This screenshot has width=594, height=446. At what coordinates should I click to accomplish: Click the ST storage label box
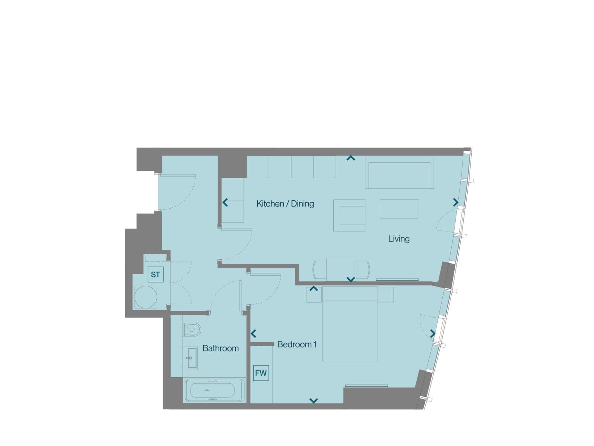(155, 275)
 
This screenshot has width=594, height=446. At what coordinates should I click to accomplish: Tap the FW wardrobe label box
(261, 373)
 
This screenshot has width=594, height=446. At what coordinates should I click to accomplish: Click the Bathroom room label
(220, 348)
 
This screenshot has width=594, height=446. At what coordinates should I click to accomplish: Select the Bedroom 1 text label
(297, 344)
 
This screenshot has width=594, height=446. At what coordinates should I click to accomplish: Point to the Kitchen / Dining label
(285, 204)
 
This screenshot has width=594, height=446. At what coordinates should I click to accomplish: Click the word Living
(399, 239)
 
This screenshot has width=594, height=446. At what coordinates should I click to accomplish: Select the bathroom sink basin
(191, 358)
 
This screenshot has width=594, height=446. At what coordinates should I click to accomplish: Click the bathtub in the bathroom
(214, 390)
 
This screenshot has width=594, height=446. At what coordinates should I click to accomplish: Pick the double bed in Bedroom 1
(350, 324)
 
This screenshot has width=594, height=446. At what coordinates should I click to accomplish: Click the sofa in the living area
(399, 173)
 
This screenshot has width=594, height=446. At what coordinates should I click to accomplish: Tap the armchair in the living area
(349, 216)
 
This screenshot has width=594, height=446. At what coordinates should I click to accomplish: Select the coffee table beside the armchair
(399, 209)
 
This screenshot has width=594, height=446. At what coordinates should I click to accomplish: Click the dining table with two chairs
(341, 269)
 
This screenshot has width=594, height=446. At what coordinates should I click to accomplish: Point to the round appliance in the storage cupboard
(146, 297)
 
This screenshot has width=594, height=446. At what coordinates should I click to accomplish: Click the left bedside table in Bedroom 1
(314, 295)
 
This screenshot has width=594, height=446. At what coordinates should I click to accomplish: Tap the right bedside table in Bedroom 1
(386, 295)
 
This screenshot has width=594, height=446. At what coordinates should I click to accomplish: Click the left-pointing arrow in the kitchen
(225, 202)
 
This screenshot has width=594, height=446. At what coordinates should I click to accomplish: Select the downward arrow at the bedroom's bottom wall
(313, 400)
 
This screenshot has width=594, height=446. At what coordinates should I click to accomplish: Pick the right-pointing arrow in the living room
(456, 202)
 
